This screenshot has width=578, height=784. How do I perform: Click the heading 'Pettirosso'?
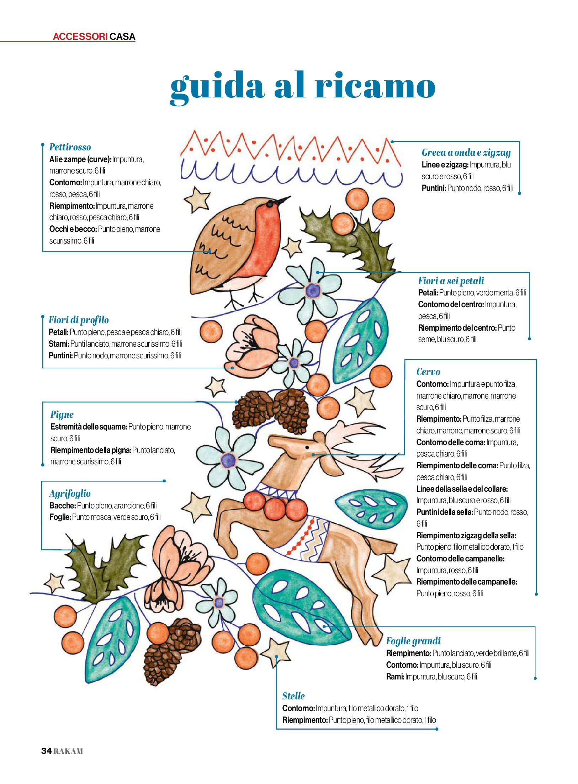[x=70, y=147]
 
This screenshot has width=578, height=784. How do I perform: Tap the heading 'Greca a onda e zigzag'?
[x=466, y=153]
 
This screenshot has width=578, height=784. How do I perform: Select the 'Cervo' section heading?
[x=428, y=372]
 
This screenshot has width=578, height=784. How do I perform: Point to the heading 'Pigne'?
[x=62, y=415]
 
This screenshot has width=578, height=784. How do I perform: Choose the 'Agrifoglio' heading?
[x=70, y=494]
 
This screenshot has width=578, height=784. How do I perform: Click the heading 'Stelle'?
[x=293, y=696]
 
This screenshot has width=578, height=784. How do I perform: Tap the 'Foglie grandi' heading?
[x=413, y=641]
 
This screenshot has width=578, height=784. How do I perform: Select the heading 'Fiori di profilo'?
[x=79, y=320]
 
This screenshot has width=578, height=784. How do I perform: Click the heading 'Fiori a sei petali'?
[x=451, y=281]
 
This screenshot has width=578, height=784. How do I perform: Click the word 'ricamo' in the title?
[x=375, y=85]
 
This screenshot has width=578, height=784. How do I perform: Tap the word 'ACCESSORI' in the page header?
[x=80, y=37]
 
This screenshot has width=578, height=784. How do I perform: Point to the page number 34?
[x=47, y=751]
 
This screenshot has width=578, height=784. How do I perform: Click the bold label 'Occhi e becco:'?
[x=73, y=229]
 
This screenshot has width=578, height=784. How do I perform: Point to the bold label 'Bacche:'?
[x=63, y=506]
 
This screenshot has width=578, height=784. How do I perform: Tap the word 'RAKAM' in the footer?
[x=68, y=751]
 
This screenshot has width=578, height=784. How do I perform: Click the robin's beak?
[x=283, y=201]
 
